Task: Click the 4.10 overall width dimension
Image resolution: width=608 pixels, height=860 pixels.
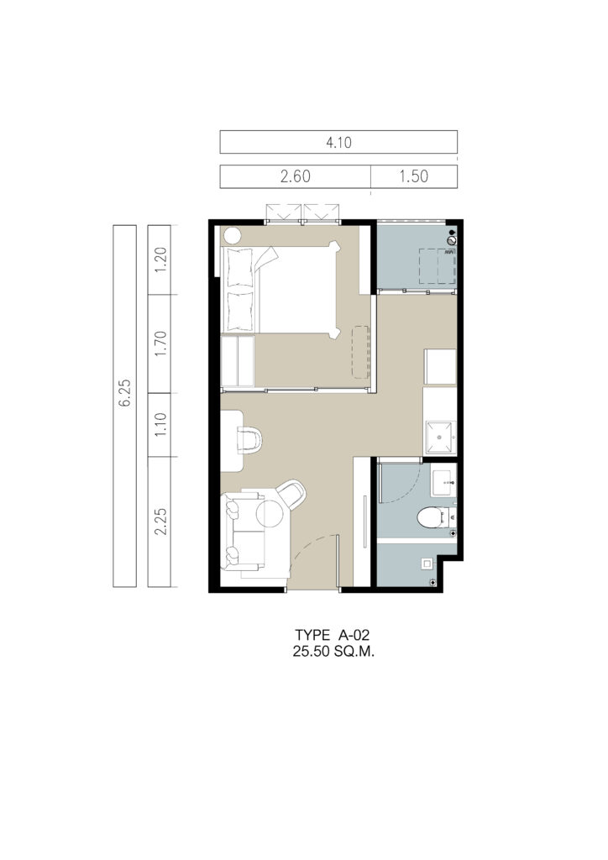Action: tap(338, 143)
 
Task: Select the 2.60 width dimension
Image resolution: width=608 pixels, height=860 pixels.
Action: tap(295, 176)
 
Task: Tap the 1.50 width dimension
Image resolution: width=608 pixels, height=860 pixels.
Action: tap(413, 176)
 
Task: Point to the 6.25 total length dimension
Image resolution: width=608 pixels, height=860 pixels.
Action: tap(125, 393)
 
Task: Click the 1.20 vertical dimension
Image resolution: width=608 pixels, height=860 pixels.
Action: tap(160, 260)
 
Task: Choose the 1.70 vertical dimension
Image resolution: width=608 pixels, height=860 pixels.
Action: tap(160, 343)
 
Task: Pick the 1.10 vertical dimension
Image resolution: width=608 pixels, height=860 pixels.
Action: tap(160, 424)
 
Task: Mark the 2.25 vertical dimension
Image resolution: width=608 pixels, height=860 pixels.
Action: tap(160, 521)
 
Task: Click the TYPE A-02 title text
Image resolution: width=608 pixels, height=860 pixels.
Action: tap(333, 635)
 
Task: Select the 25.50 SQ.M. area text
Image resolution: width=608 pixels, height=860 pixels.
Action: tap(333, 652)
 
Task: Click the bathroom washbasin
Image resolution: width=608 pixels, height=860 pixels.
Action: tap(443, 481)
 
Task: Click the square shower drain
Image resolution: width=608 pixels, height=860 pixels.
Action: tap(427, 563)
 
